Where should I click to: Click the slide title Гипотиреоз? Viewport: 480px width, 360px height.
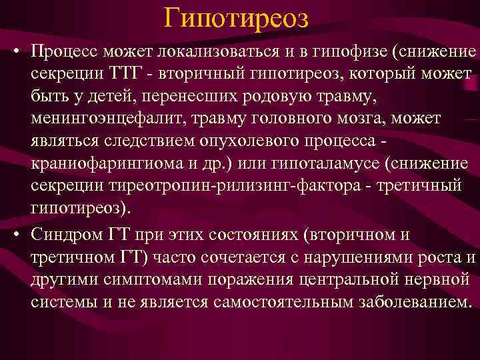(x=236, y=19)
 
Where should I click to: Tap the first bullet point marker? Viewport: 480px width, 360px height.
(x=14, y=53)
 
